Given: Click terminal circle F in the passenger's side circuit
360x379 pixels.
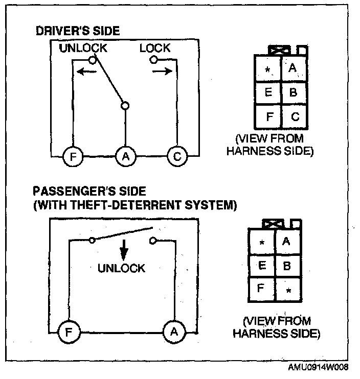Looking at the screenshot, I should (67, 332).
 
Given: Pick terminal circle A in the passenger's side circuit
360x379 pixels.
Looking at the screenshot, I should (174, 332).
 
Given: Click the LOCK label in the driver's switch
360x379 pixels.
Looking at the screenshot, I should (154, 48).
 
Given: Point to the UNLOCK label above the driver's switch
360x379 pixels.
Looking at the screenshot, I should (83, 48).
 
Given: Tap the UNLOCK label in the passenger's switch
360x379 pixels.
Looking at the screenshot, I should (122, 268).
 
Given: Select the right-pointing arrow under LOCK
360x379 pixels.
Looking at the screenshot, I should (162, 72).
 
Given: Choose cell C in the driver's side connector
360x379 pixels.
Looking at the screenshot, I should (295, 117).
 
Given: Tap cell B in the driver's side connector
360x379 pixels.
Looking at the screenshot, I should (293, 92).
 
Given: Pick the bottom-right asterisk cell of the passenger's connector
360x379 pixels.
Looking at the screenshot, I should (288, 291).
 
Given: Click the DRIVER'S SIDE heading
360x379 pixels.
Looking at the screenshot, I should (78, 31).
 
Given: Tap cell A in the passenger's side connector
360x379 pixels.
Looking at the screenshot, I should (286, 241).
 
